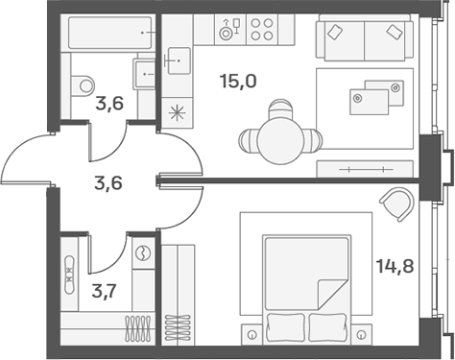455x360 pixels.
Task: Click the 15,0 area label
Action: tap(238, 82)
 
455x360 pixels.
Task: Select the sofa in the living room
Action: tap(364, 41)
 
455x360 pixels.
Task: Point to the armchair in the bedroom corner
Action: tap(396, 204)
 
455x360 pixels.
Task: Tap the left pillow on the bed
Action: tap(285, 324)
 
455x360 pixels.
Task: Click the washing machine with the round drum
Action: tap(144, 252)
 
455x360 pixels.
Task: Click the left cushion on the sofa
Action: tap(336, 32)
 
